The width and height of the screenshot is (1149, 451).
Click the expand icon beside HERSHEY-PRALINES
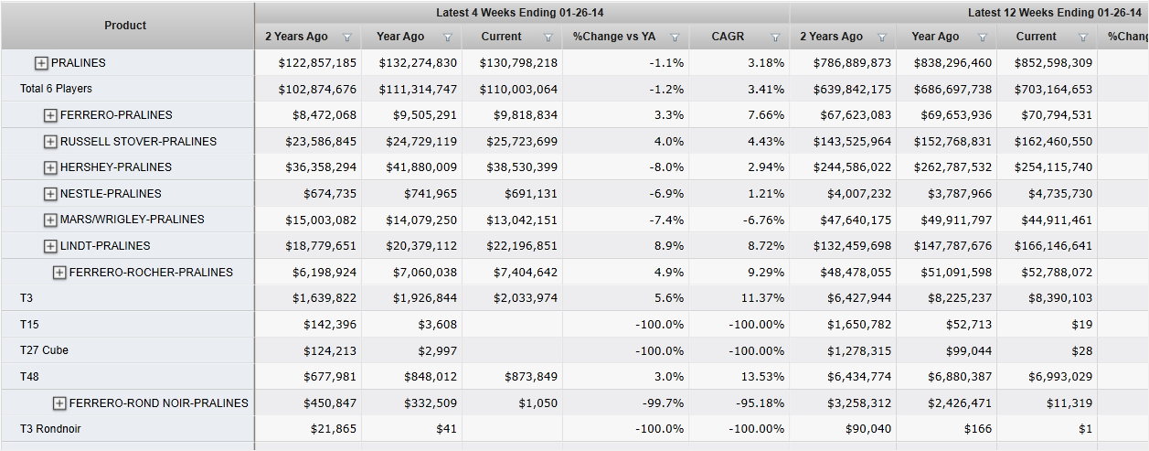tap(50, 167)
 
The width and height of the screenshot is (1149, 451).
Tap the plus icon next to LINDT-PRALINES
tap(50, 246)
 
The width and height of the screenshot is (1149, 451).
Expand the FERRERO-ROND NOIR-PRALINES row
tap(59, 403)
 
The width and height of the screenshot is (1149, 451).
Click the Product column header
tap(125, 26)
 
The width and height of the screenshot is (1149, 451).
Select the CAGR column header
tap(729, 37)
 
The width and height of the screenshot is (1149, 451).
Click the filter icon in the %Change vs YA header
tap(675, 38)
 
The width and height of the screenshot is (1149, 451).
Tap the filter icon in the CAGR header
tap(775, 38)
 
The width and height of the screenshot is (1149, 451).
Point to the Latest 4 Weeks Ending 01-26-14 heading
tap(521, 13)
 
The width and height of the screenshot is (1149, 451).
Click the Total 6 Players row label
tap(56, 89)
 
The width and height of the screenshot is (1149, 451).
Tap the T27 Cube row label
tap(44, 350)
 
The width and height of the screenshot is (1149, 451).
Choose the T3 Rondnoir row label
tap(50, 429)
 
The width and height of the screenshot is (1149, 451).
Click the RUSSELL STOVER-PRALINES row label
tap(138, 142)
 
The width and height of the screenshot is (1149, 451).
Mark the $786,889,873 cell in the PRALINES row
tap(845, 63)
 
